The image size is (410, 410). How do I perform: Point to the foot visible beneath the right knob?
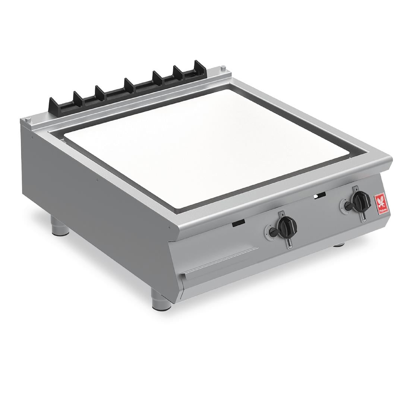tap(339, 245)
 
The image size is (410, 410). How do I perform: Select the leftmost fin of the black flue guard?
tap(51, 104)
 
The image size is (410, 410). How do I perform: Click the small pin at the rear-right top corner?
tap(223, 67)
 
